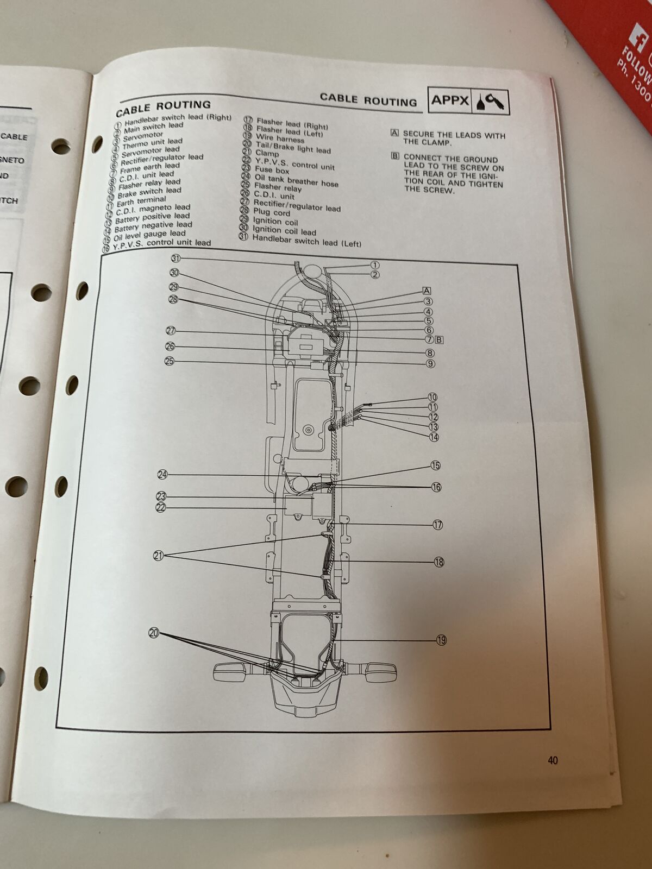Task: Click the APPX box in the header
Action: tap(450, 100)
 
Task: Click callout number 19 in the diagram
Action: tap(441, 640)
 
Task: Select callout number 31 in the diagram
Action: tap(175, 259)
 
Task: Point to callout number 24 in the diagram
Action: tap(162, 475)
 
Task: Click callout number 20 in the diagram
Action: tap(154, 633)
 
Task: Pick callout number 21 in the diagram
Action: tap(158, 556)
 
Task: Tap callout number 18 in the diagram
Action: tap(438, 562)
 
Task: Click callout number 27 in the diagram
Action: tap(171, 331)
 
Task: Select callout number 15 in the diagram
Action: tap(435, 465)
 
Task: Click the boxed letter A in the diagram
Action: tap(427, 291)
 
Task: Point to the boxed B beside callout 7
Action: tap(440, 340)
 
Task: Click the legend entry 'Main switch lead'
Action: tap(153, 127)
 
